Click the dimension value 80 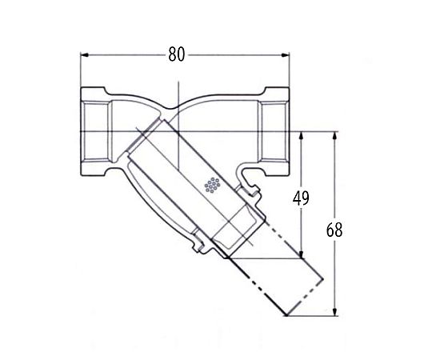point(177,54)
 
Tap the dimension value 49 point(301,198)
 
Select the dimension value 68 point(334,230)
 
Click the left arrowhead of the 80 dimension point(84,55)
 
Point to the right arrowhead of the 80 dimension point(286,55)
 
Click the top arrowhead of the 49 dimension point(302,136)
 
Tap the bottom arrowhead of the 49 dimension point(302,254)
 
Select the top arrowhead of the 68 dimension point(334,136)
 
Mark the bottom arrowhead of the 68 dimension point(334,311)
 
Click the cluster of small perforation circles point(212,185)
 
